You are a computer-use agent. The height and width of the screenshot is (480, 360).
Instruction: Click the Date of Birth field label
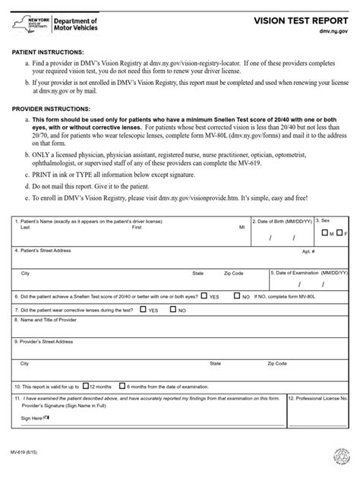coord(283,221)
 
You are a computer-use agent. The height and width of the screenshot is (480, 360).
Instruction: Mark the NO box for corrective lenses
coord(174,310)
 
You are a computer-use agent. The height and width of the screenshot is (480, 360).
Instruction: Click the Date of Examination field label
coord(311,272)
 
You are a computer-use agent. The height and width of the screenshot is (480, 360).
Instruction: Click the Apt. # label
coord(308,251)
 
